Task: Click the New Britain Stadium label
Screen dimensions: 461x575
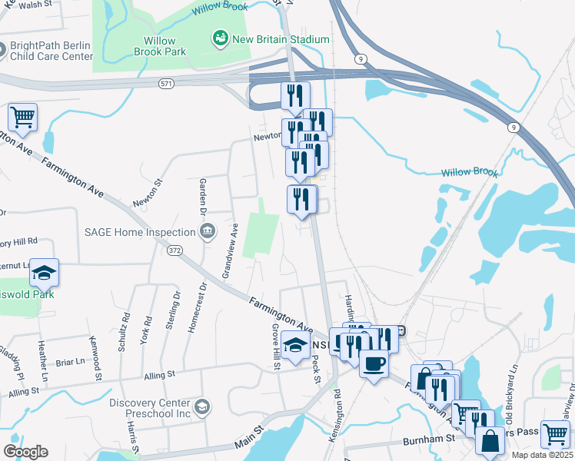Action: (281, 39)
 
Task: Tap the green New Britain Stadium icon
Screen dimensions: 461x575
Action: (221, 37)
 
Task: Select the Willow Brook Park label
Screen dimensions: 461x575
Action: (159, 46)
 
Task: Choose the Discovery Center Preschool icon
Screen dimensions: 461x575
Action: (201, 406)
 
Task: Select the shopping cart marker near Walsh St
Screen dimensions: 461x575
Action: (22, 118)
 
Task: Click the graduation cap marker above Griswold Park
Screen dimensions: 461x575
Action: (44, 272)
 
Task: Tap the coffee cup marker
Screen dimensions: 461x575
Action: (374, 363)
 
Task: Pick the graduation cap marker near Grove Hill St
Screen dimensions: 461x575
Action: (295, 345)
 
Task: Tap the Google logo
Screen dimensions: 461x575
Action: (25, 452)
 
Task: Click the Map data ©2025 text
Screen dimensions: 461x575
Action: (543, 455)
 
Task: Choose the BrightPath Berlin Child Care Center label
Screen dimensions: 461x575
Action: (52, 51)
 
